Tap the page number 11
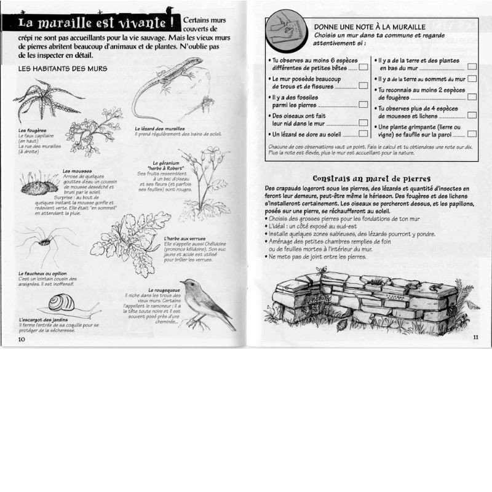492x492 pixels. (x=476, y=337)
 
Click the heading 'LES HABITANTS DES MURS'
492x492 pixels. (x=63, y=68)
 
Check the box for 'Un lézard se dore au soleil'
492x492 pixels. (x=363, y=135)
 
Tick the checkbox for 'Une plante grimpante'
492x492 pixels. (x=472, y=133)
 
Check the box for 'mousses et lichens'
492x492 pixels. (x=472, y=115)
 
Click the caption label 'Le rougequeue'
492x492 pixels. (x=161, y=290)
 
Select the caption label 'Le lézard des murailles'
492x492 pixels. (x=160, y=129)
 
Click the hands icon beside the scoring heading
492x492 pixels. (x=287, y=33)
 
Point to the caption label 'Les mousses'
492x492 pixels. (x=77, y=171)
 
